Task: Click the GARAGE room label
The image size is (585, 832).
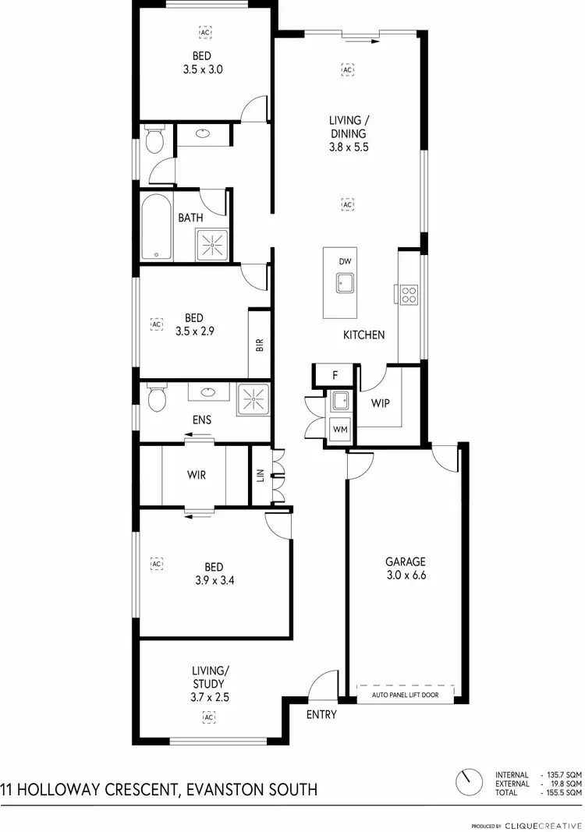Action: (406, 561)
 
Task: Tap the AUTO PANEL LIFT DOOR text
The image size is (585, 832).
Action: (405, 694)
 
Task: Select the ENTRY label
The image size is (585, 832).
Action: (321, 714)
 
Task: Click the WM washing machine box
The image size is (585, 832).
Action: (339, 428)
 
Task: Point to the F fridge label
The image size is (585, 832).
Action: (335, 375)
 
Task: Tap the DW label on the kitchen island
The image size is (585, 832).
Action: (345, 261)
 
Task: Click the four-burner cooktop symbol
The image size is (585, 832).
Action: (409, 294)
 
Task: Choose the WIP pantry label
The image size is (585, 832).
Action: (381, 404)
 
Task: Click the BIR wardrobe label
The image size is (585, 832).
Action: (259, 344)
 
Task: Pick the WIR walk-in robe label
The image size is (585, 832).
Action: (197, 474)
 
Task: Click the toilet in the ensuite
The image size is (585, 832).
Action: (156, 399)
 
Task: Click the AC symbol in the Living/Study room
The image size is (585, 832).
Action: (208, 716)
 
